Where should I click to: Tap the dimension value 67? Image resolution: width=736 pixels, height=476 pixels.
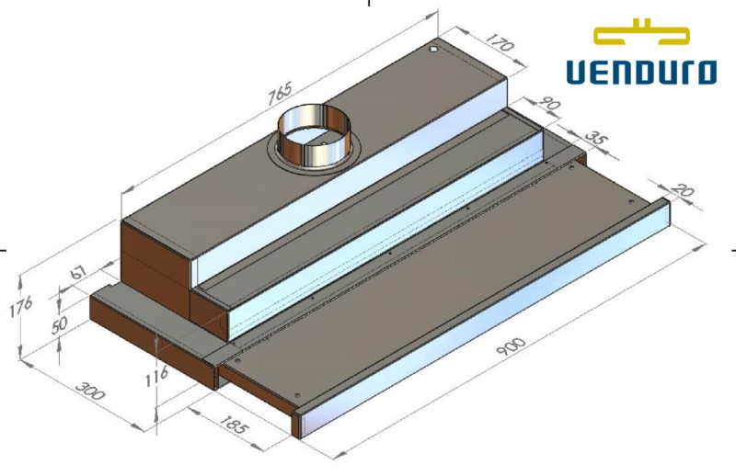[80, 274]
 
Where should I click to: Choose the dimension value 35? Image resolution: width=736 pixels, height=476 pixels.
[596, 141]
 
